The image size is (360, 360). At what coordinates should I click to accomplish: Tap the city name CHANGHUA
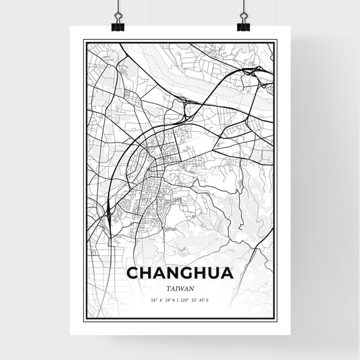point(180,274)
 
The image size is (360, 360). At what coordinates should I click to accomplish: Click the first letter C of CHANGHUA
point(132,274)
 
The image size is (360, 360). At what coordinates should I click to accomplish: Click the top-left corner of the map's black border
point(83,41)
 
